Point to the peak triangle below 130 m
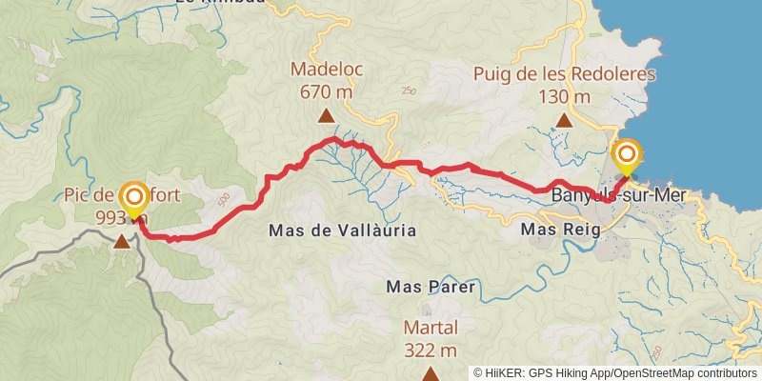[x=565, y=120]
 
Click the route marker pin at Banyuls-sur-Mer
[x=628, y=156]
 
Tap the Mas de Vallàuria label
[x=342, y=231]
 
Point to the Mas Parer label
[x=431, y=286]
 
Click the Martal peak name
[x=431, y=327]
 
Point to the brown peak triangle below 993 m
[x=122, y=242]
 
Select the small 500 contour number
[x=224, y=198]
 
